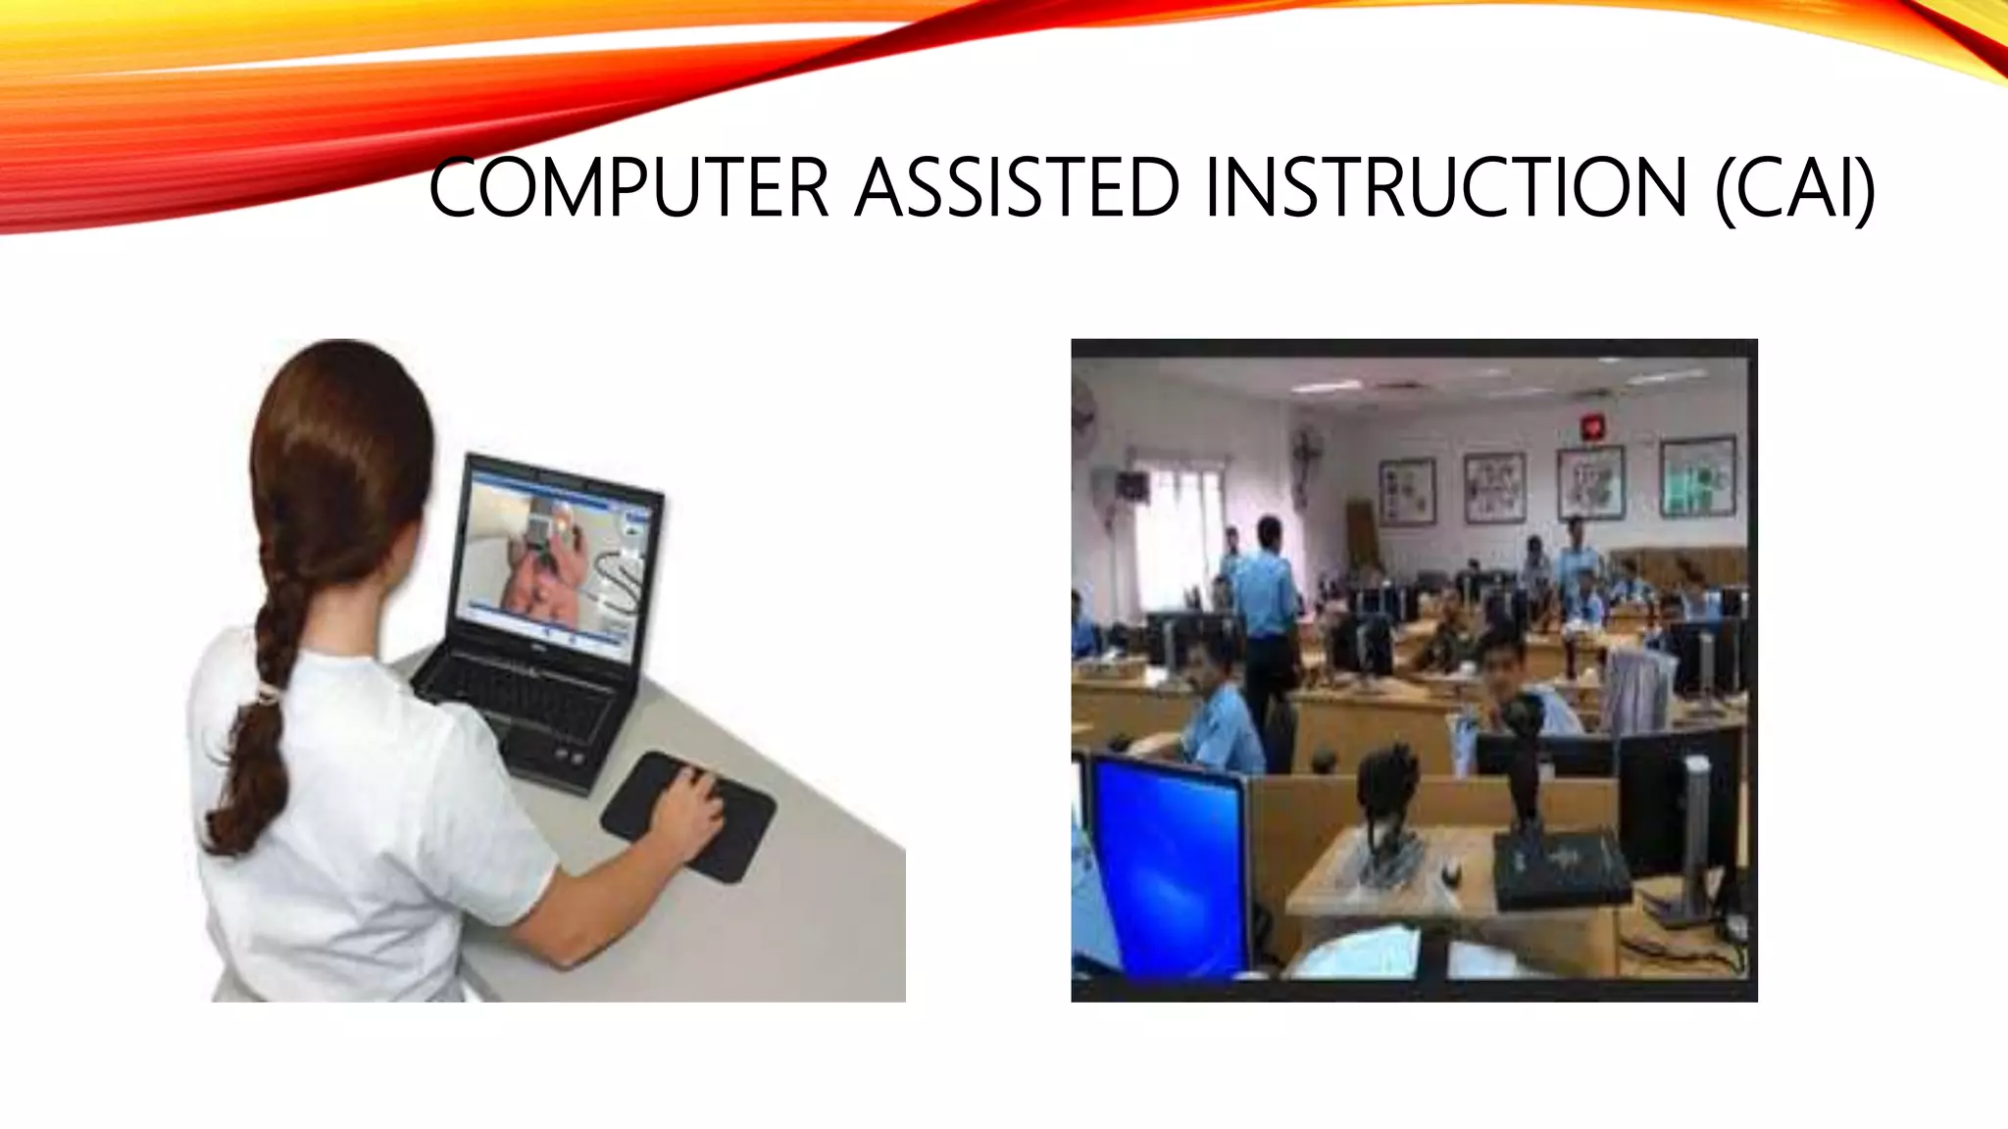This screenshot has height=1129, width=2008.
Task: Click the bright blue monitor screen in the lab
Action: (1167, 853)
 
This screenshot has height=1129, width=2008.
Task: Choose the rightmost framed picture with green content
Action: (1696, 478)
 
